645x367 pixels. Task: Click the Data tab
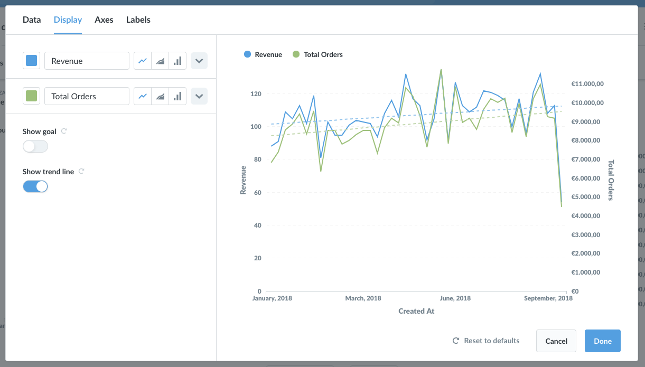pos(32,20)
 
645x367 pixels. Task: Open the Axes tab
pos(104,20)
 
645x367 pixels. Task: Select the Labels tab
pos(138,20)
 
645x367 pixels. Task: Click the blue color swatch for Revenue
pos(31,61)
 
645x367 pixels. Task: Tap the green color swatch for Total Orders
pos(31,96)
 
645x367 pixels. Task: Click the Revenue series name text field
pos(87,61)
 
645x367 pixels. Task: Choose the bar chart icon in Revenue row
pos(177,61)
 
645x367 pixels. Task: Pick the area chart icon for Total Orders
pos(160,96)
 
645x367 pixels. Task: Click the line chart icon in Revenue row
pos(143,61)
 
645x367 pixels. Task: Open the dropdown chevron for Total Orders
pos(199,96)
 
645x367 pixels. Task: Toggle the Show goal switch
pos(35,146)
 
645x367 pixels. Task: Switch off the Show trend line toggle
pos(35,186)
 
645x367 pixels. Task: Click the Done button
pos(603,341)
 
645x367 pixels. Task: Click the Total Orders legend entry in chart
pos(317,54)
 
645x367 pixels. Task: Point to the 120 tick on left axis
pos(256,94)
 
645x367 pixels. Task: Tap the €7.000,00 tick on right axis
pos(586,159)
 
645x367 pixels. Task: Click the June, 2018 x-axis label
pos(455,298)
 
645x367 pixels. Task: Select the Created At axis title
pos(416,311)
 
